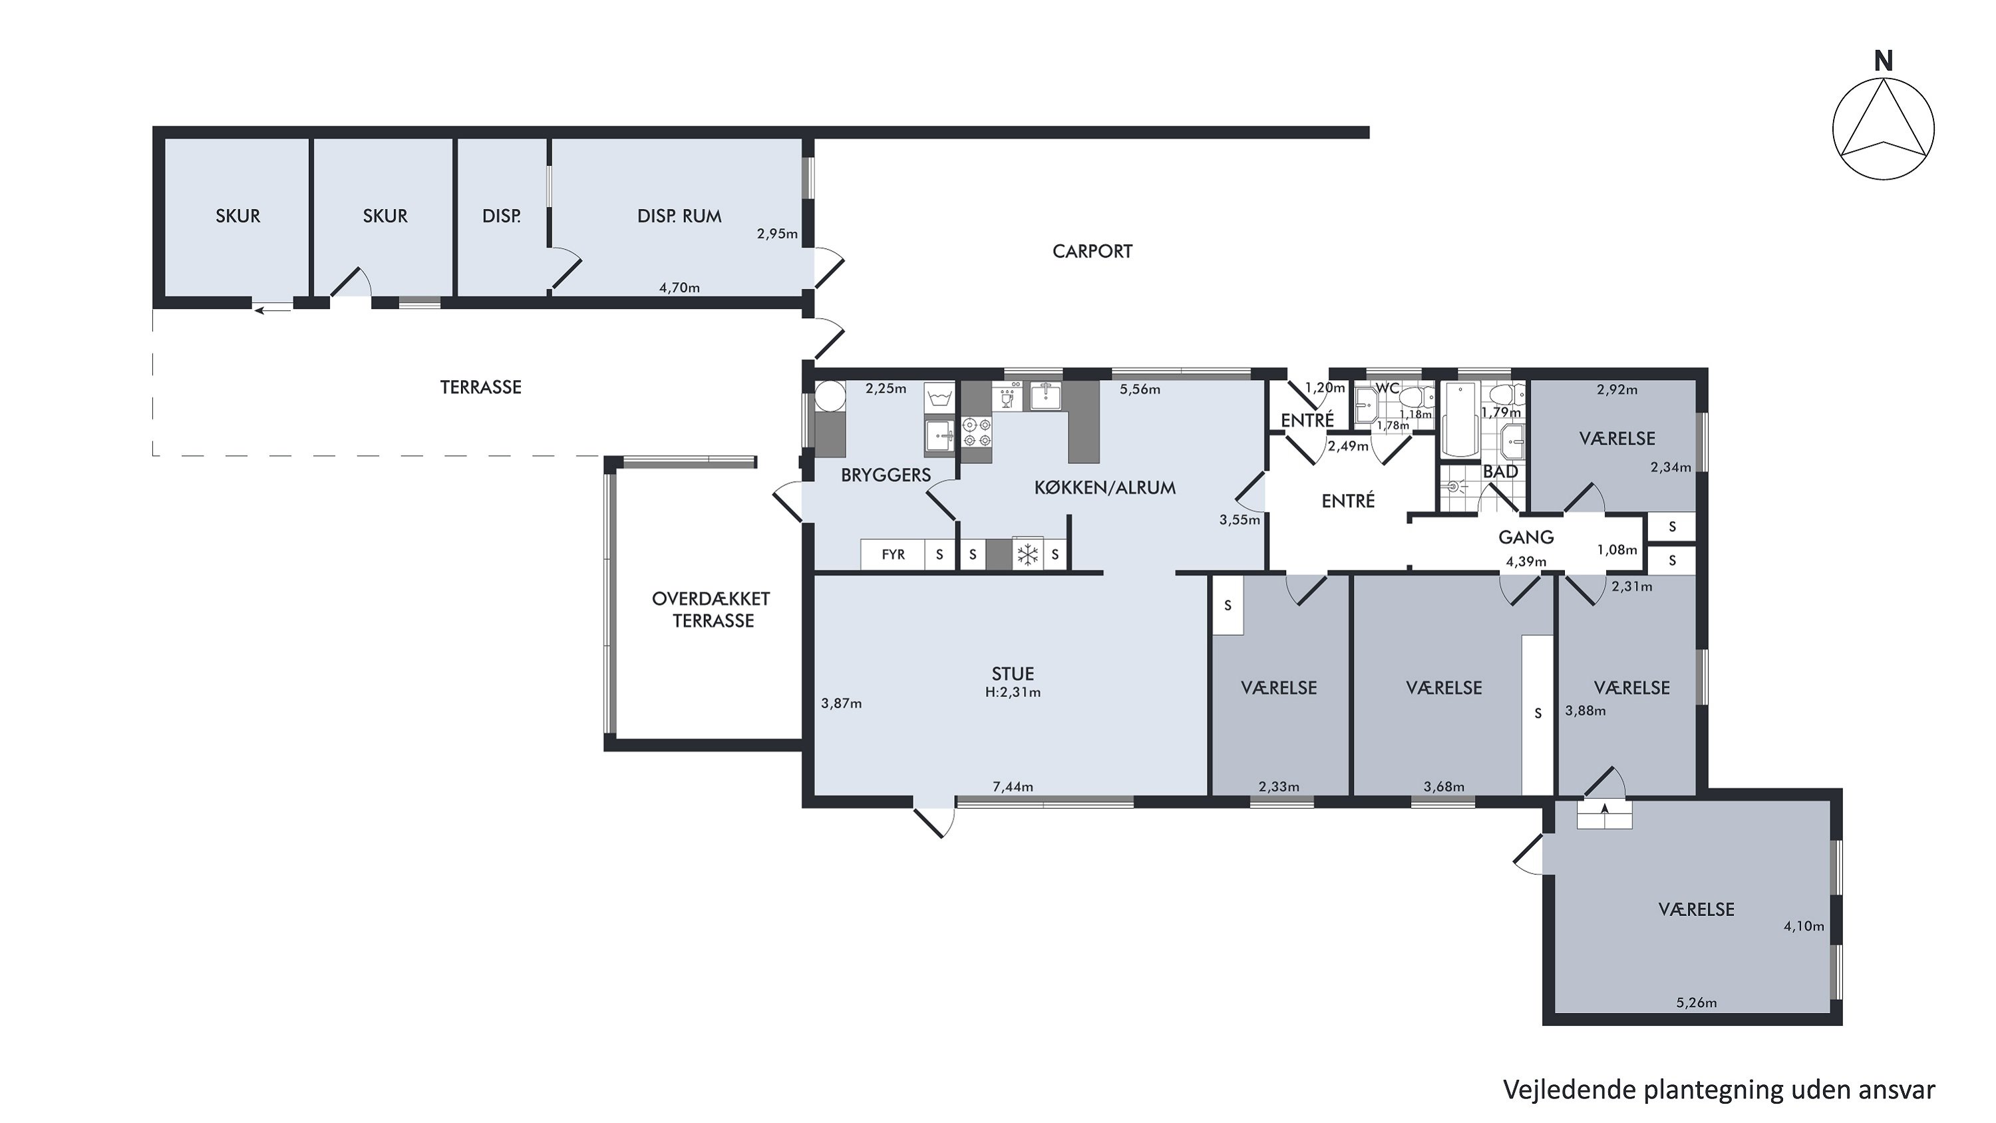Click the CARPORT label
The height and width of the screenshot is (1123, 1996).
tap(1092, 251)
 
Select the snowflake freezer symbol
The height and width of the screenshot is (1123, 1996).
tap(1027, 554)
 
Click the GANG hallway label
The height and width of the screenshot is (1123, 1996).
tap(1526, 537)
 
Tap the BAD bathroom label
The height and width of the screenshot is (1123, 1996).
tap(1500, 471)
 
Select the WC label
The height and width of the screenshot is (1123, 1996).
tap(1387, 387)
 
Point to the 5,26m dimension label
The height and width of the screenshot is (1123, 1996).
tap(1696, 1003)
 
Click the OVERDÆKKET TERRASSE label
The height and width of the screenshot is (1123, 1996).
tap(711, 609)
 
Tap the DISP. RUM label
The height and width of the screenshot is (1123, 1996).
tap(679, 216)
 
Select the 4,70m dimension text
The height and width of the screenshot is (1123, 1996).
tap(679, 288)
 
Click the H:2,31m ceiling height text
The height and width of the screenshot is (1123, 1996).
tap(1013, 693)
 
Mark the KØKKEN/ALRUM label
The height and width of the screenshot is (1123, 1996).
tap(1105, 488)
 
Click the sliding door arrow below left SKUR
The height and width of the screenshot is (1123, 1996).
tap(272, 311)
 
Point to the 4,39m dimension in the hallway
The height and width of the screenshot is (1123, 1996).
tap(1526, 562)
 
